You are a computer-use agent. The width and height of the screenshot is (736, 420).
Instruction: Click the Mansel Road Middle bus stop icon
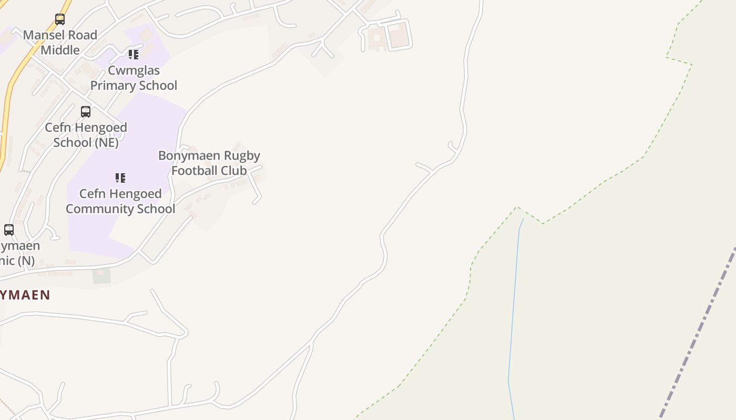(60, 19)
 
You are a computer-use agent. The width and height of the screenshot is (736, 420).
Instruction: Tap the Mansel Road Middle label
(60, 43)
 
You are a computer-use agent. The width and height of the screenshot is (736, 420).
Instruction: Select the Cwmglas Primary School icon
(134, 54)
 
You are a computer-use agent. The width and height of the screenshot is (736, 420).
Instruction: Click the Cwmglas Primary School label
(134, 78)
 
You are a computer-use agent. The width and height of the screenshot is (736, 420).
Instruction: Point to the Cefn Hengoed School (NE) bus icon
(86, 111)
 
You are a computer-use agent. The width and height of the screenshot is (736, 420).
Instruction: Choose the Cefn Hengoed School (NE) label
(86, 135)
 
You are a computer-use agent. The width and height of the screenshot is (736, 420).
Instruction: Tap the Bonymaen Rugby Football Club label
(209, 163)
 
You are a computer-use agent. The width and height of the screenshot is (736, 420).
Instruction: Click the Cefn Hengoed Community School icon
(120, 178)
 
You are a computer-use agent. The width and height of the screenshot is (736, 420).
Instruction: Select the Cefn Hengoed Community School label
(120, 201)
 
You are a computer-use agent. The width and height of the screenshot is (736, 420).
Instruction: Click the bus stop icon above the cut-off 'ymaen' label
(9, 229)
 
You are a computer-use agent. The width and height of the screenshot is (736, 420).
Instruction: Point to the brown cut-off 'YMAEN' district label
(25, 295)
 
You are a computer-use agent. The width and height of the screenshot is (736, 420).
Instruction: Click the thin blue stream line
(513, 315)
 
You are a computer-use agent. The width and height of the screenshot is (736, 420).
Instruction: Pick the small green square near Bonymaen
(102, 276)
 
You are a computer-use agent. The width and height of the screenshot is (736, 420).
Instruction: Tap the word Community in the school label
(99, 208)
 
